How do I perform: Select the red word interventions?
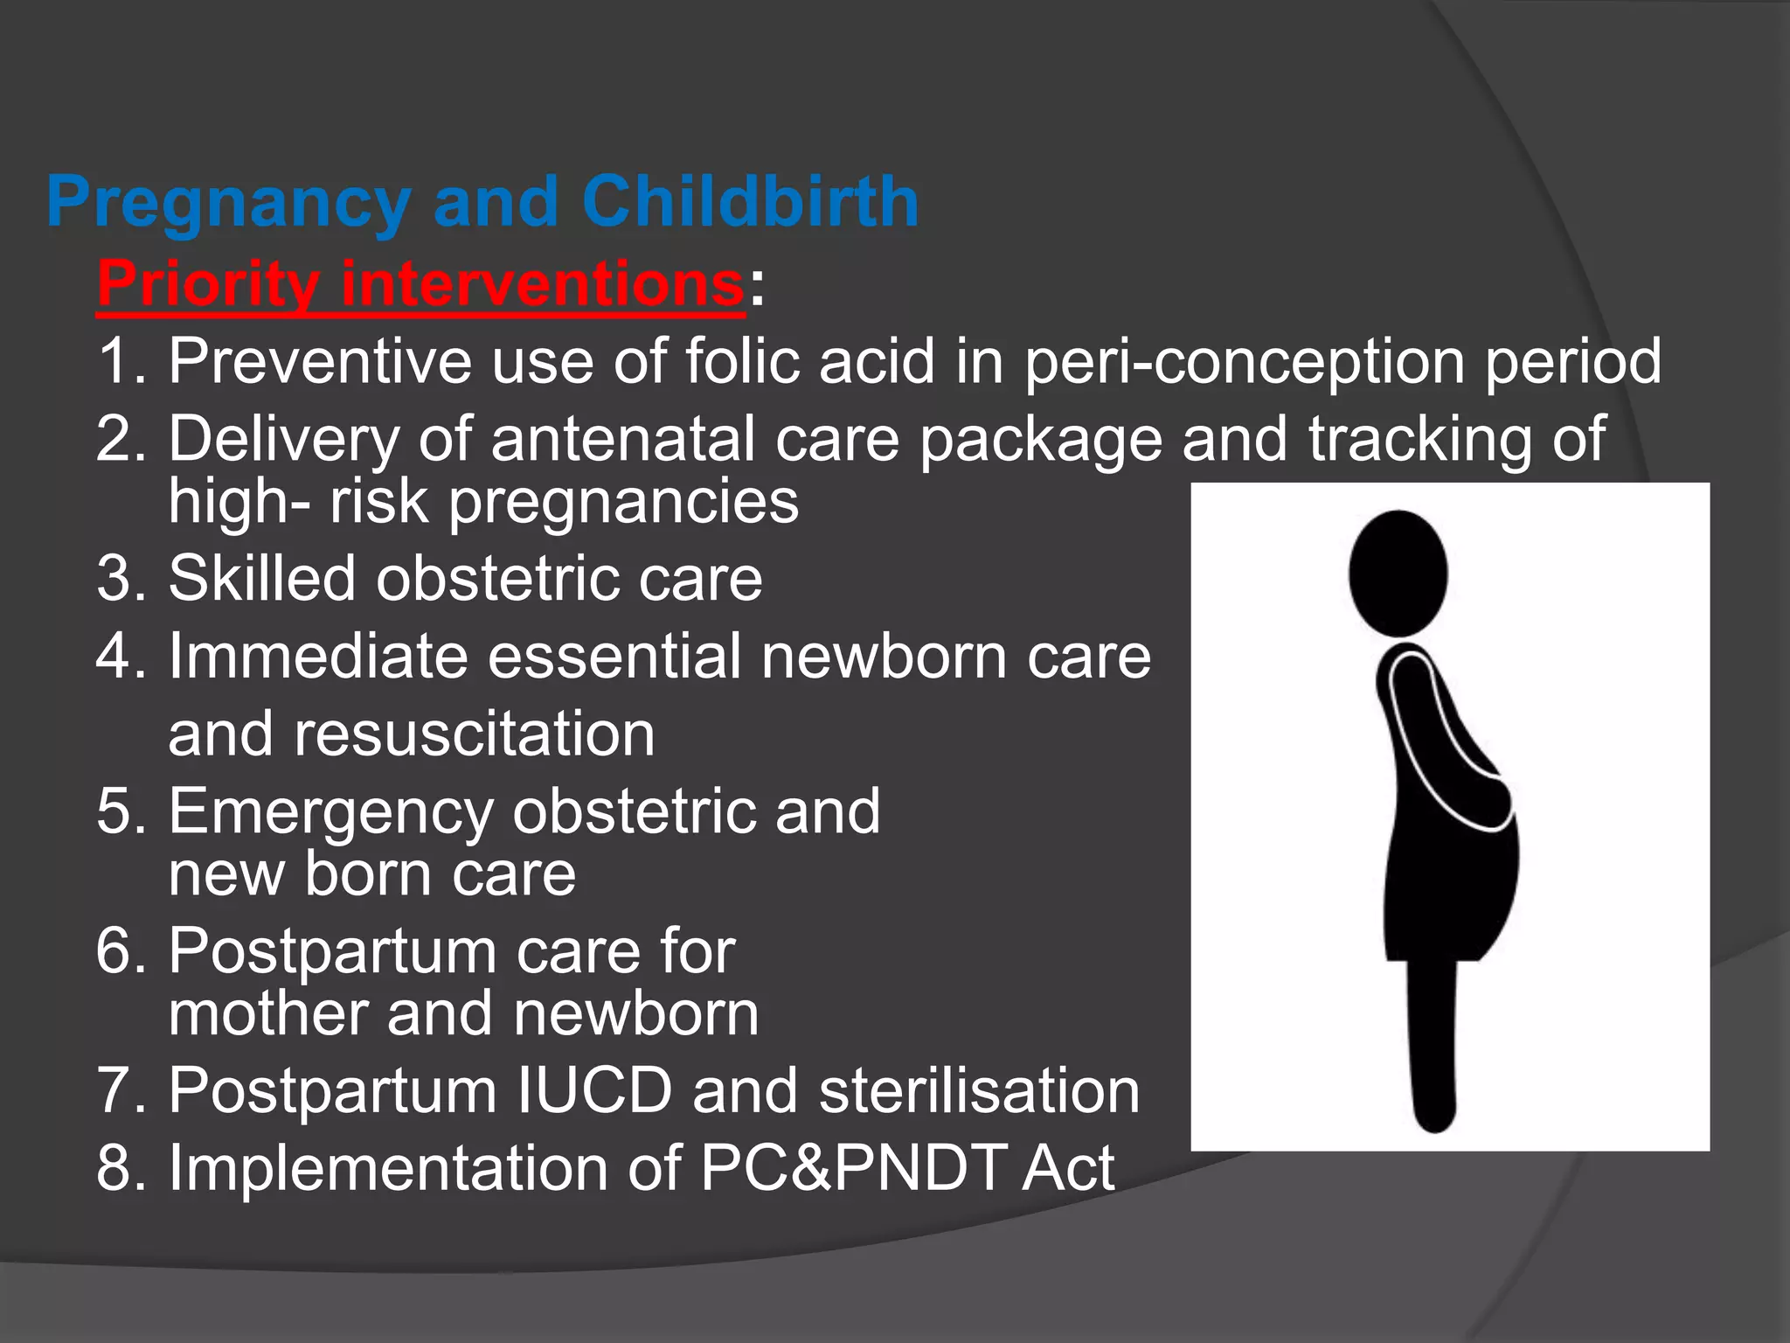coord(542,283)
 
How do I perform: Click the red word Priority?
coord(208,285)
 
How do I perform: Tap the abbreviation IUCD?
coord(594,1090)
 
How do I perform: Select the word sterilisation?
coord(979,1090)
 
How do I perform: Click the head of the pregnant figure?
coord(1398,573)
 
